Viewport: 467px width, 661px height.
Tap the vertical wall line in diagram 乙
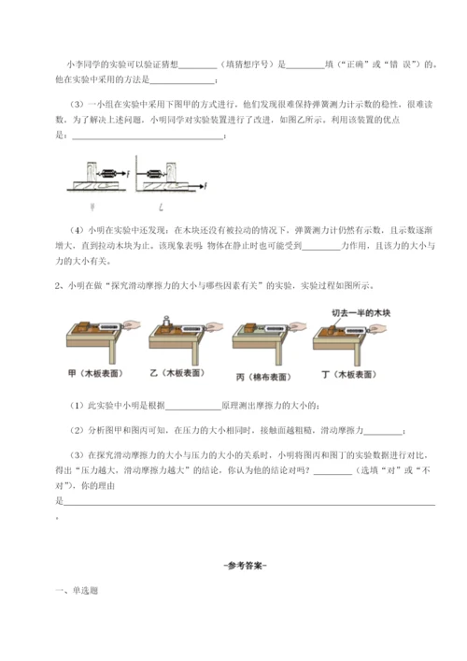(x=136, y=173)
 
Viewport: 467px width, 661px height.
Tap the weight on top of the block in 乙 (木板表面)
(x=163, y=320)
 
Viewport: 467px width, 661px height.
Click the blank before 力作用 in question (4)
(x=323, y=247)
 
